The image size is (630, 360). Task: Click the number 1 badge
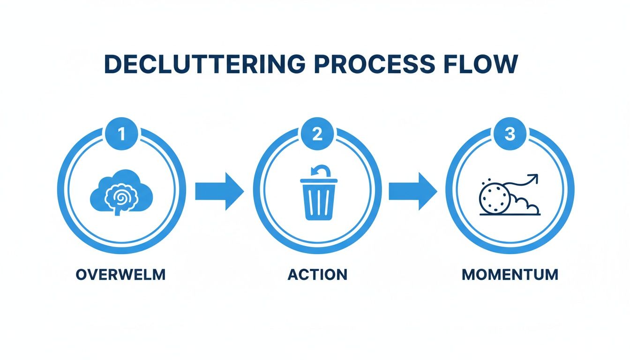[121, 135]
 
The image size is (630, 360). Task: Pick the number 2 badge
[317, 135]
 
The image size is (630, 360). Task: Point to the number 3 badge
[510, 135]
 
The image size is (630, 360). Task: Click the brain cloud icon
[121, 193]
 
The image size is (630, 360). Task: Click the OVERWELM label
[120, 274]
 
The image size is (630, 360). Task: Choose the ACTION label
[317, 274]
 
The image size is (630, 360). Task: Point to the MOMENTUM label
[510, 274]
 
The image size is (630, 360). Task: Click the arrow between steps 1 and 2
[219, 191]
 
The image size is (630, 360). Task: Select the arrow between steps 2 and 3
[412, 191]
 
